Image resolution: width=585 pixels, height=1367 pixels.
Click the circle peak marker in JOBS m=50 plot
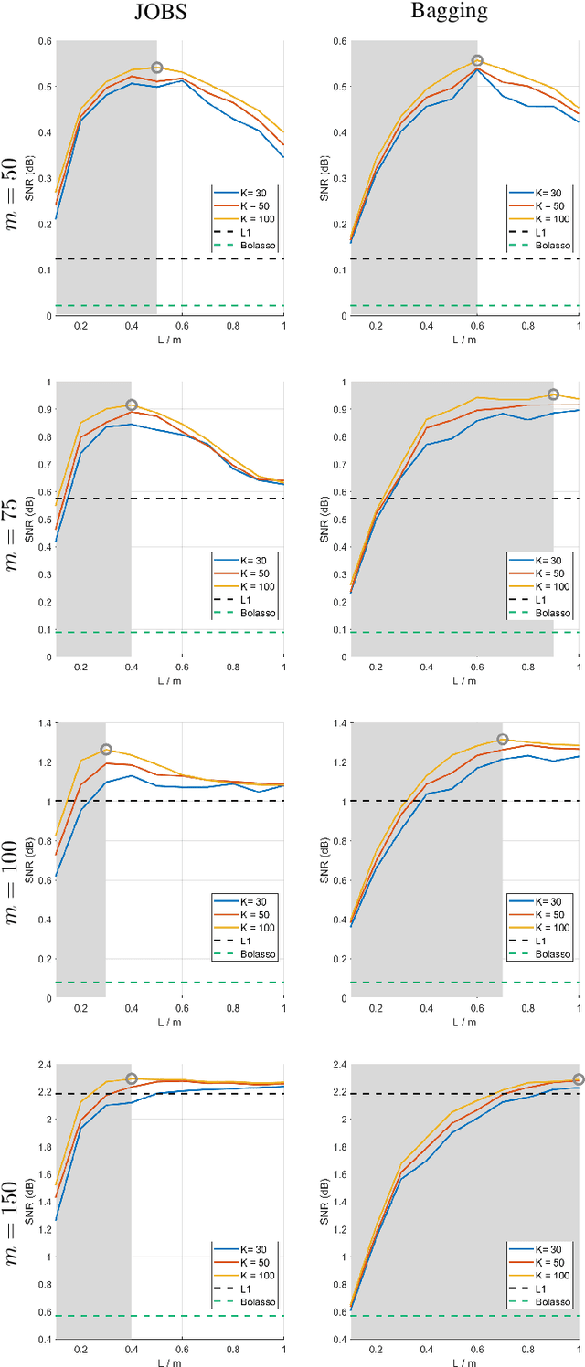tap(157, 68)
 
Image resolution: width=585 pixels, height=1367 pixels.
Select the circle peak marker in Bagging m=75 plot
tap(553, 394)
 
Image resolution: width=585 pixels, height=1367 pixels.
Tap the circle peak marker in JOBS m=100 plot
tap(106, 750)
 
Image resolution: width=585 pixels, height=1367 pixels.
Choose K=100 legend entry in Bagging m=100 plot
tap(552, 927)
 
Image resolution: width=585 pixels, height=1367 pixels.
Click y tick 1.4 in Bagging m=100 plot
tap(337, 723)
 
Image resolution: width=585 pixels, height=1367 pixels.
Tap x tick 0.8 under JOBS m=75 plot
tap(232, 668)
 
